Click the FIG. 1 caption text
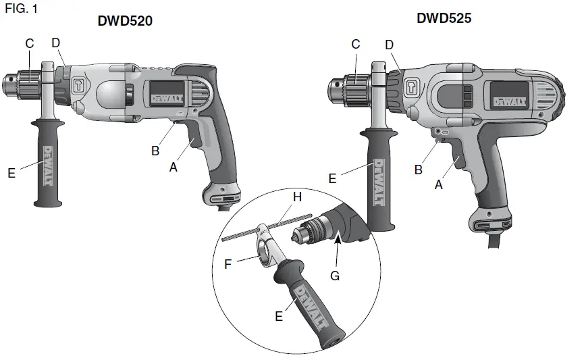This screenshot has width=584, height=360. [21, 9]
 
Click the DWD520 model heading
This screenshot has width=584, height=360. [125, 22]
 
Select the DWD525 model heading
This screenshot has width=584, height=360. [444, 19]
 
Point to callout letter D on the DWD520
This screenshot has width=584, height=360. [56, 43]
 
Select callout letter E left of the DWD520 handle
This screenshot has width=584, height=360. [11, 173]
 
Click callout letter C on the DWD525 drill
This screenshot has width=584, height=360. [356, 45]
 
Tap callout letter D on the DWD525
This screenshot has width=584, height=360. [389, 45]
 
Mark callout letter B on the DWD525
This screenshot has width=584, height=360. [418, 170]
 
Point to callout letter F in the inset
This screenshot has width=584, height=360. [228, 264]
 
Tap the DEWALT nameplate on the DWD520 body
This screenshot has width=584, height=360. [165, 97]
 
